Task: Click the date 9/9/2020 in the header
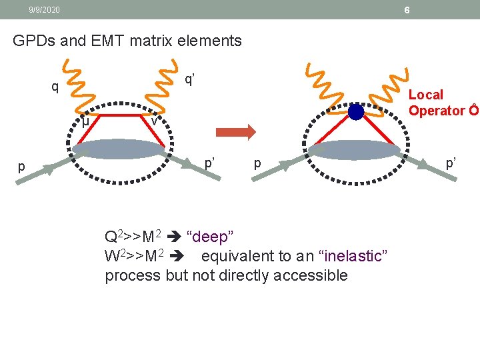click(44, 10)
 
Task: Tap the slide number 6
click(407, 11)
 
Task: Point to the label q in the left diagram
click(55, 87)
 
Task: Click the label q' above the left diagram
click(190, 79)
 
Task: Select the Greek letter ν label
click(154, 121)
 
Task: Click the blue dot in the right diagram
click(356, 111)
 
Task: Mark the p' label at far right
click(451, 162)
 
